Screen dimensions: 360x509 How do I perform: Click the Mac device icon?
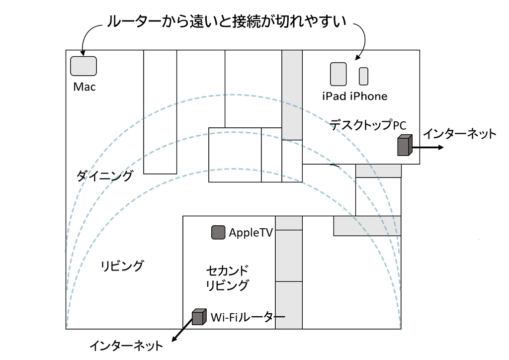pyautogui.click(x=84, y=66)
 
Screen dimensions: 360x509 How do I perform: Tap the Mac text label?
pyautogui.click(x=85, y=87)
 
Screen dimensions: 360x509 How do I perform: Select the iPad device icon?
pyautogui.click(x=339, y=74)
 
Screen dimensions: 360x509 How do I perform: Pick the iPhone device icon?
pyautogui.click(x=363, y=76)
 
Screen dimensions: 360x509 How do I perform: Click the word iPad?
pyautogui.click(x=334, y=96)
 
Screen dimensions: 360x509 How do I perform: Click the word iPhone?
pyautogui.click(x=368, y=96)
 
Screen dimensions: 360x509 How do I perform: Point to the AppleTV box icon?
pyautogui.click(x=218, y=232)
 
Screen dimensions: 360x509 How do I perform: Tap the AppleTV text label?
pyautogui.click(x=251, y=233)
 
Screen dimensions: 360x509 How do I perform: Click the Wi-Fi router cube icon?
pyautogui.click(x=199, y=316)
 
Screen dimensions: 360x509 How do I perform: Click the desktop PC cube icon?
pyautogui.click(x=405, y=145)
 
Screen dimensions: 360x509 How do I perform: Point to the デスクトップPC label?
pyautogui.click(x=368, y=125)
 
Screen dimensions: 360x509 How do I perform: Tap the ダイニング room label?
pyautogui.click(x=105, y=176)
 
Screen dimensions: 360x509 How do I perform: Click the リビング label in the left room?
pyautogui.click(x=122, y=266)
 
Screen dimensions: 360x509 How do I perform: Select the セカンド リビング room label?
pyautogui.click(x=227, y=278)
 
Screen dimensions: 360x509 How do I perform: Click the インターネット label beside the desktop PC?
pyautogui.click(x=459, y=133)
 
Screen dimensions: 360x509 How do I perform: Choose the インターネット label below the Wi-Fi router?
pyautogui.click(x=126, y=345)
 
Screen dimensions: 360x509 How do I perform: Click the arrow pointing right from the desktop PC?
pyautogui.click(x=427, y=148)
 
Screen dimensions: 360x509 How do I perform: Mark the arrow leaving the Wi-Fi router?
pyautogui.click(x=181, y=331)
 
